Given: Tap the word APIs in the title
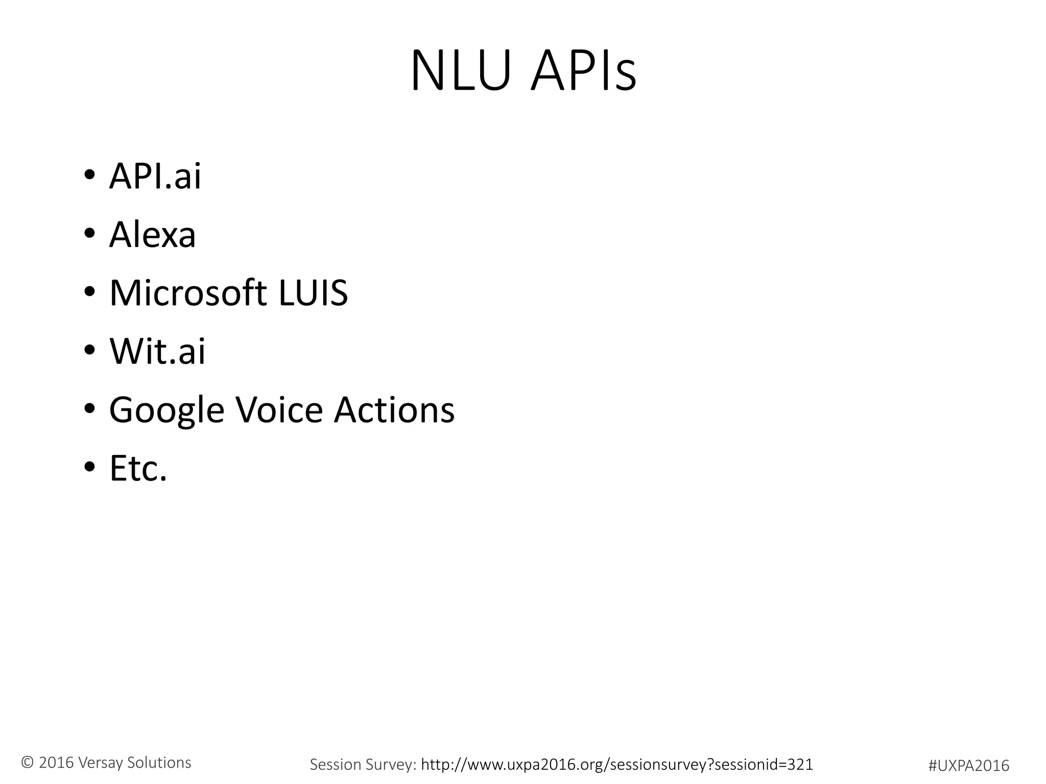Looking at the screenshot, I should tap(583, 71).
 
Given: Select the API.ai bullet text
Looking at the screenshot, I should tap(155, 176).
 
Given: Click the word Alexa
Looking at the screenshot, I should tap(152, 235).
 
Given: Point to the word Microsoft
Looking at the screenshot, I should tap(188, 293).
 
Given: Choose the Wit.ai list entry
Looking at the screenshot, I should tap(157, 351).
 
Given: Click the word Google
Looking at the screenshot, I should tap(167, 410).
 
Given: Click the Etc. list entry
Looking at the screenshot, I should tap(138, 468).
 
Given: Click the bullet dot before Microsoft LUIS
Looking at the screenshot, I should tap(89, 292).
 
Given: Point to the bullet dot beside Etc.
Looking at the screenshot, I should tap(89, 467).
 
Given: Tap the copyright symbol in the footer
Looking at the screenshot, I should tap(28, 763).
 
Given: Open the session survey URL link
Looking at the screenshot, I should tap(616, 764).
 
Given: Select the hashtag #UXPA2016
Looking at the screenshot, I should tap(968, 765).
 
